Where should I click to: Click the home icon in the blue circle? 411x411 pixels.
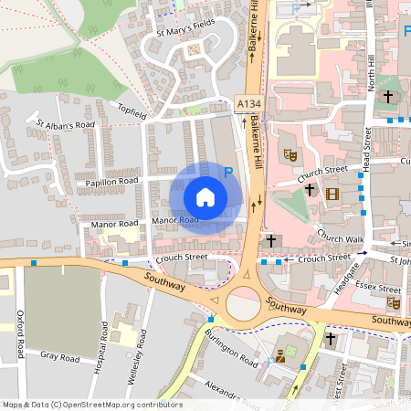click(205, 197)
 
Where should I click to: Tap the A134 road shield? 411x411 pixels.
click(248, 105)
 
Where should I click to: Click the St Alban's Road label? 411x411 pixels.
click(65, 124)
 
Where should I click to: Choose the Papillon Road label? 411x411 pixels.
click(113, 181)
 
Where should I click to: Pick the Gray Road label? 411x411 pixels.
click(62, 357)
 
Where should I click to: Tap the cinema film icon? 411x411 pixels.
click(331, 193)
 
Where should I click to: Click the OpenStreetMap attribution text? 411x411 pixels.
click(92, 404)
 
